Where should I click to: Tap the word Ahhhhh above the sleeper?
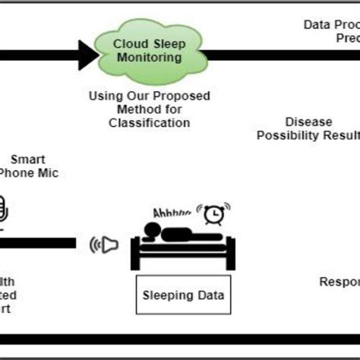tap(172, 213)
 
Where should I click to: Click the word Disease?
tap(310, 122)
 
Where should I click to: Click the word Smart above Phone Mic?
tap(27, 159)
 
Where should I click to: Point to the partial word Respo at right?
tap(339, 281)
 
